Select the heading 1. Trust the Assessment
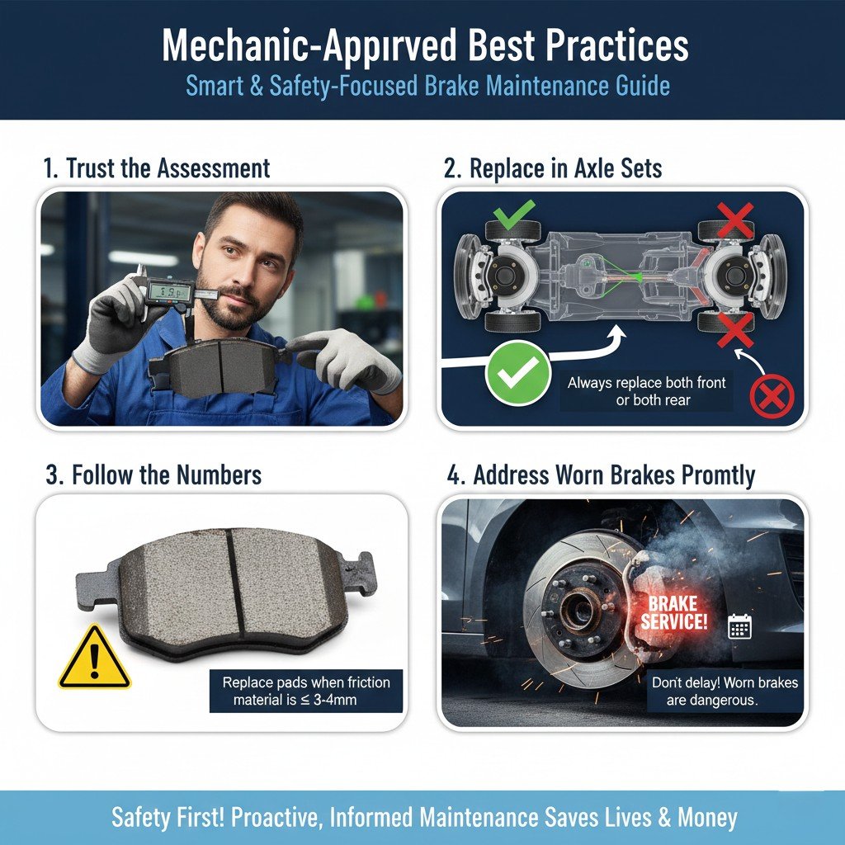click(156, 168)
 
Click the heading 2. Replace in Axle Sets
click(553, 168)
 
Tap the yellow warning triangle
click(94, 659)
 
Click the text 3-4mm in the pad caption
click(348, 701)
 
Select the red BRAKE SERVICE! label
click(674, 613)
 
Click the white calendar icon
click(739, 626)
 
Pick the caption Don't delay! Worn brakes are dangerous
click(725, 692)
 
